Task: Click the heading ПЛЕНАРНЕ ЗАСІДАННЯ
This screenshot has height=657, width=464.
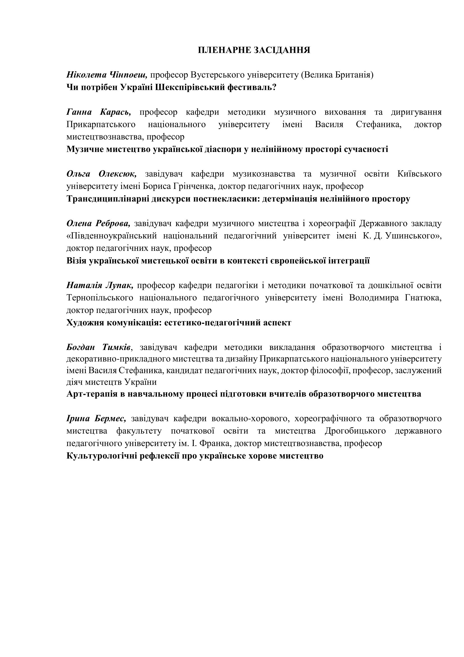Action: click(x=254, y=50)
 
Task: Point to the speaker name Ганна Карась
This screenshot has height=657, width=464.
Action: click(x=98, y=112)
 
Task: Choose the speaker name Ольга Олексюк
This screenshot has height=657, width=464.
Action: click(x=102, y=174)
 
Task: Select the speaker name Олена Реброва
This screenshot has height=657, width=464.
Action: click(x=98, y=223)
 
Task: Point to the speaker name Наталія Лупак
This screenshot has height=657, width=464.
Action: click(x=100, y=285)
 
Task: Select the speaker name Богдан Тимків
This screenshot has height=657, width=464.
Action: click(x=99, y=347)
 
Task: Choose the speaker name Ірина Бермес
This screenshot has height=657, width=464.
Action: click(x=96, y=419)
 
